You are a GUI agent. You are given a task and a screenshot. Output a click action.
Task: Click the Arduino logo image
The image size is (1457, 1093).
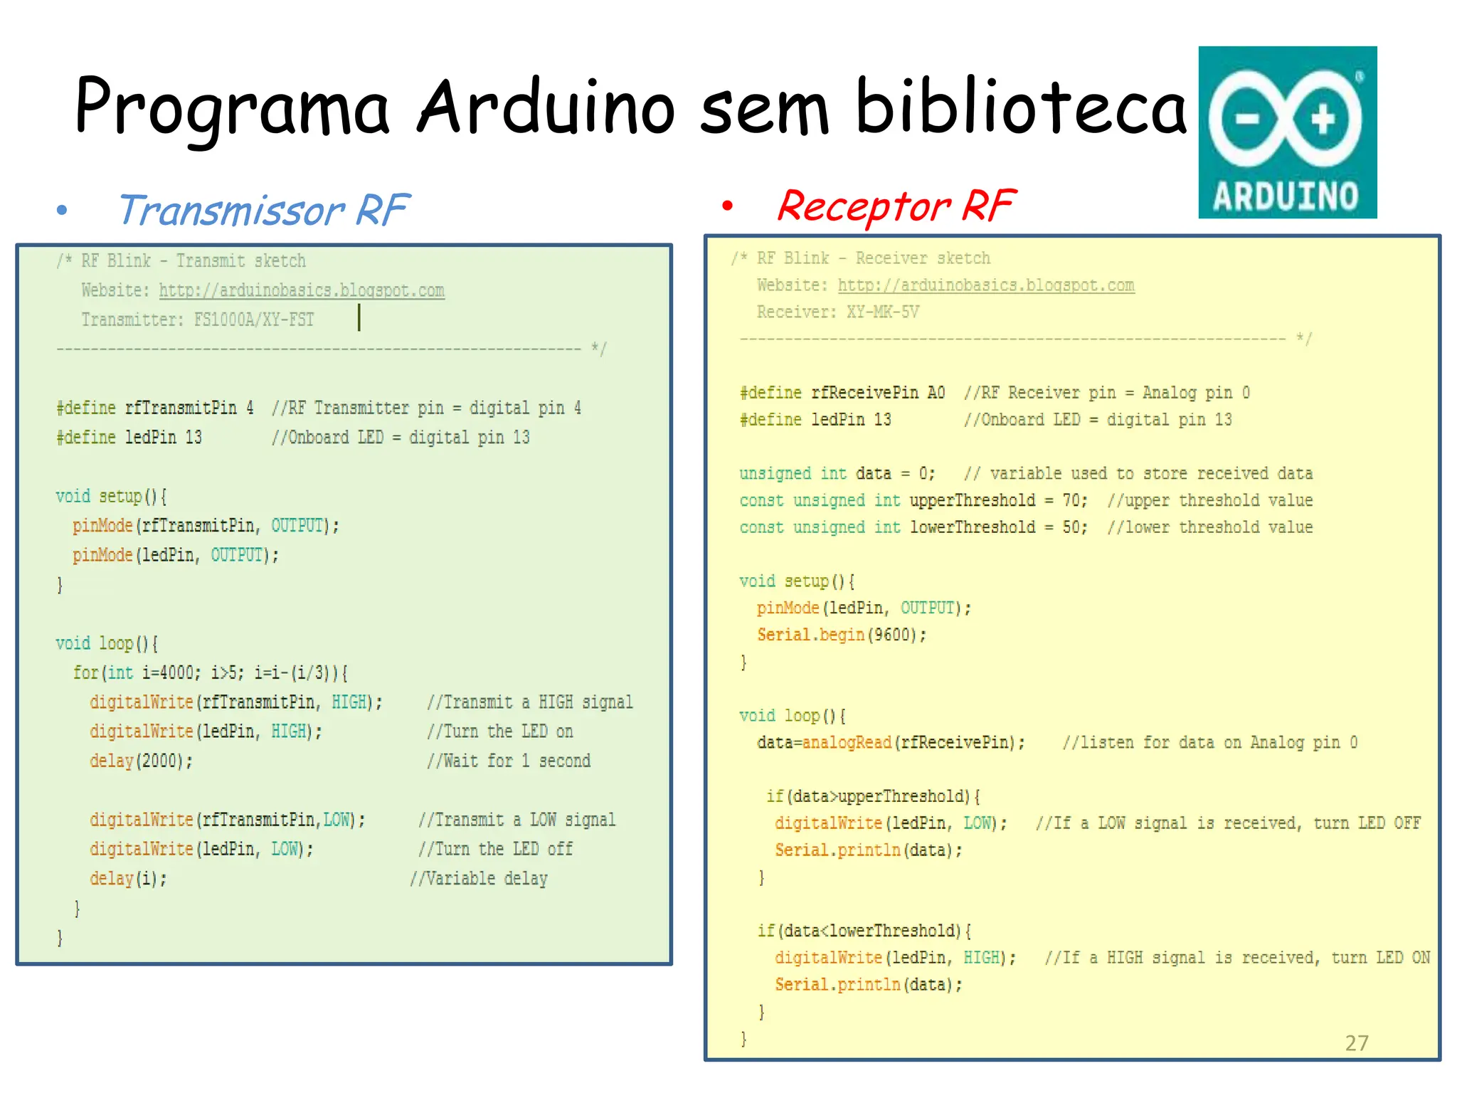coord(1287,132)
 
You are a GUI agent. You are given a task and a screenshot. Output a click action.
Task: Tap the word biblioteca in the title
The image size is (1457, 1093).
coord(1021,107)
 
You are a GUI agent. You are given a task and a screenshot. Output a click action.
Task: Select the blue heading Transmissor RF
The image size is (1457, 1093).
coord(263,211)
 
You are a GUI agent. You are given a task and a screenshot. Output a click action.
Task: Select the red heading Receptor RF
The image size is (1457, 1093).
coord(896,206)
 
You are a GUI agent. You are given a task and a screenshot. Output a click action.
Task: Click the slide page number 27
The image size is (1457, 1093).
coord(1356,1043)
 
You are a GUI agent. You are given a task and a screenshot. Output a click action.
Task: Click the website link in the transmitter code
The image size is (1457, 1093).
coord(302,290)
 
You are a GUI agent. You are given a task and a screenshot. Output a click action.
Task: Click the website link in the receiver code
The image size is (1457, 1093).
coord(985,285)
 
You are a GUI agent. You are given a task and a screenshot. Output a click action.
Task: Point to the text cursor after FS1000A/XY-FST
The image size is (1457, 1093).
coord(359,317)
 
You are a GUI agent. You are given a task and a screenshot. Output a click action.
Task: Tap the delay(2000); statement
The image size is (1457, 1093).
coord(141,761)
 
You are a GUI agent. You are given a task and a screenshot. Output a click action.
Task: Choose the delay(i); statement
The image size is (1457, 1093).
coord(128,879)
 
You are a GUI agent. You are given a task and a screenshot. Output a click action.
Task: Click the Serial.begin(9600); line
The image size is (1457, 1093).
coord(842,635)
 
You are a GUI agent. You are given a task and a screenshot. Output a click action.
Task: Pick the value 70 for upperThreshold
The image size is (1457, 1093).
coord(1071,500)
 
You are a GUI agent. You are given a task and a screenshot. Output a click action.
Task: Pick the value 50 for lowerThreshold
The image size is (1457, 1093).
coord(1071,527)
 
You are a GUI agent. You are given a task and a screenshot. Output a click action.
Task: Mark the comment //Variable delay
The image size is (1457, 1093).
coord(479,879)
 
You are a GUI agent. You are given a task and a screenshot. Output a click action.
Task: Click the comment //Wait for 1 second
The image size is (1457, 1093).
coord(509,761)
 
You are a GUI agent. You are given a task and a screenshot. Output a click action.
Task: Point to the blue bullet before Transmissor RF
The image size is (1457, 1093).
coord(62,210)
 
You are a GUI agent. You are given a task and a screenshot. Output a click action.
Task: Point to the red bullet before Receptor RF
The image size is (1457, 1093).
coord(726,206)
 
